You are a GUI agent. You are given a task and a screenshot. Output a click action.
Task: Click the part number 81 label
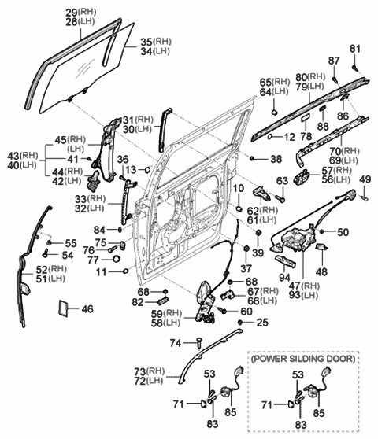click(x=354, y=50)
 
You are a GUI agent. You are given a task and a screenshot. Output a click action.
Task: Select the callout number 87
click(x=334, y=61)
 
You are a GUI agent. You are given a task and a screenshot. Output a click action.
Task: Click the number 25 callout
click(x=262, y=323)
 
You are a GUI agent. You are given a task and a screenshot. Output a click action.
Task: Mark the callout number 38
click(x=275, y=159)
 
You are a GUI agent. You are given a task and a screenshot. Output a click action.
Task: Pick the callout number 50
click(x=342, y=232)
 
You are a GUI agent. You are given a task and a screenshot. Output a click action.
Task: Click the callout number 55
click(x=71, y=242)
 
